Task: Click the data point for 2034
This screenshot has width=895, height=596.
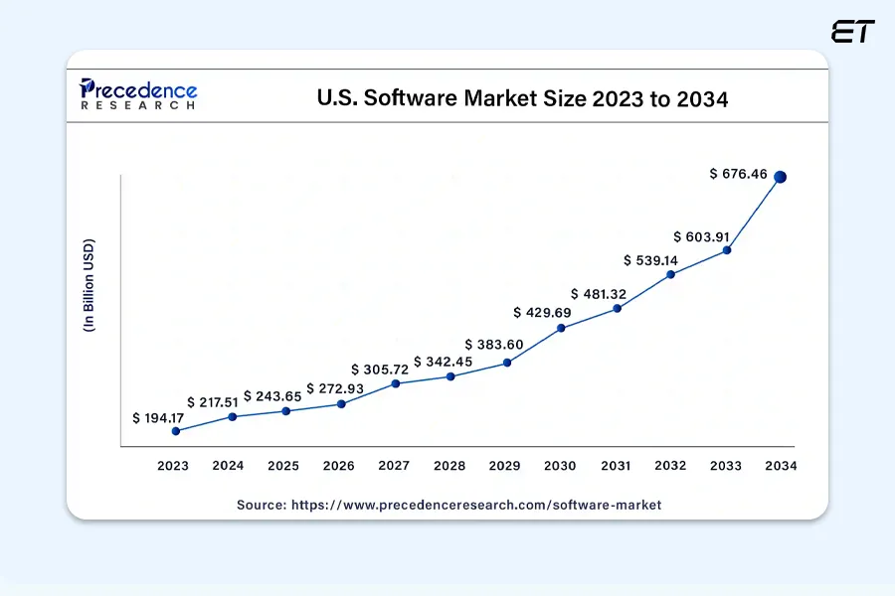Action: point(781,177)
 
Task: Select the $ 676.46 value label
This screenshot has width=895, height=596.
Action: point(738,174)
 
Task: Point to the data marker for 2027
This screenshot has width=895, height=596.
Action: point(396,383)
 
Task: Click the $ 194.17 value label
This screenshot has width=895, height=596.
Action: point(160,418)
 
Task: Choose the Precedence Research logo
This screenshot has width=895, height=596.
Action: point(138,94)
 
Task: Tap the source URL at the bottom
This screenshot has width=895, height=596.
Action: point(448,505)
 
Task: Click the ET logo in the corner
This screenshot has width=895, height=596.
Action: point(853,32)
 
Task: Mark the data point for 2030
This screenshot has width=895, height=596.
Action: point(561,328)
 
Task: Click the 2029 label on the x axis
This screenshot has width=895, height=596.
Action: point(505,465)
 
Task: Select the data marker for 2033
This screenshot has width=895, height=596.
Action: point(727,250)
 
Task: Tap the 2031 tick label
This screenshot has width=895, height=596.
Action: point(616,465)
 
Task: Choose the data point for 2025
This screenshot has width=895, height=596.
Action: point(285,411)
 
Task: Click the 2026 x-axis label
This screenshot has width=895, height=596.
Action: point(339,465)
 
